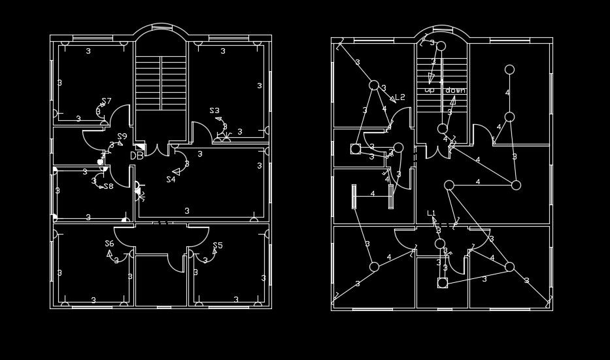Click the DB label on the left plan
click(137, 156)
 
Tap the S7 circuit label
click(106, 101)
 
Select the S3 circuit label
click(214, 111)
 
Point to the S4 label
click(171, 179)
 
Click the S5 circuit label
click(218, 246)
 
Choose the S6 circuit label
click(109, 244)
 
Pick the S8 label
click(109, 186)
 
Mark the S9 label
click(122, 137)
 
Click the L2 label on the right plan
click(399, 97)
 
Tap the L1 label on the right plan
click(432, 213)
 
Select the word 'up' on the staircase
click(430, 90)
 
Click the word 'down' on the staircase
click(455, 90)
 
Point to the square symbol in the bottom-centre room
click(443, 283)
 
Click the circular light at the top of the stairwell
click(441, 46)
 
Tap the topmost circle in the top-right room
click(509, 69)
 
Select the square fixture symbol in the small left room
click(356, 149)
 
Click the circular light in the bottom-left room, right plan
click(374, 267)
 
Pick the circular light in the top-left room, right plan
click(374, 85)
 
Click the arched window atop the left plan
click(161, 31)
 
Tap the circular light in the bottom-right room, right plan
click(509, 267)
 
